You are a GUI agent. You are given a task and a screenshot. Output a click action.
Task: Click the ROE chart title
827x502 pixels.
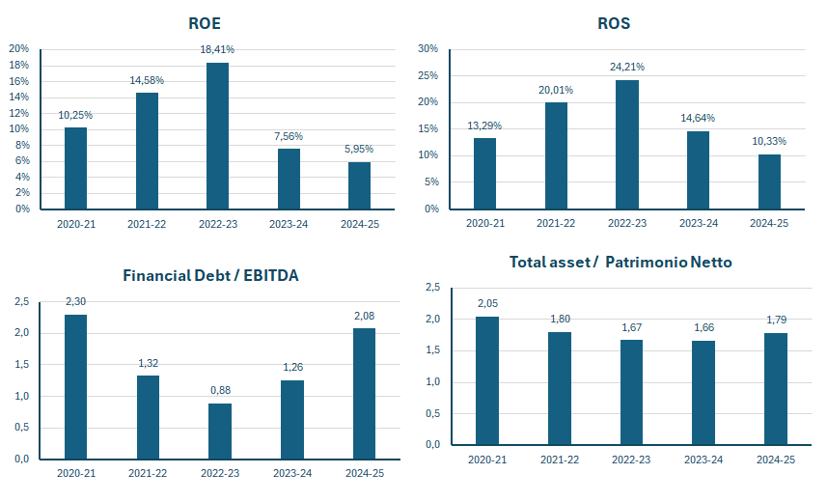pyautogui.click(x=205, y=23)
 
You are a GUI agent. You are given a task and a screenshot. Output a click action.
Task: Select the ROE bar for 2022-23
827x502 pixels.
pyautogui.click(x=217, y=136)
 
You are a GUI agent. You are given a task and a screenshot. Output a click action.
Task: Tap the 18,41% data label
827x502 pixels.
pyautogui.click(x=217, y=49)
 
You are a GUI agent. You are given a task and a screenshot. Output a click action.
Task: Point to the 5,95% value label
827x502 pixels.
pyautogui.click(x=359, y=149)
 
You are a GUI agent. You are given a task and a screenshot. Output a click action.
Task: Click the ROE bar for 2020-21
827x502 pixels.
pyautogui.click(x=75, y=168)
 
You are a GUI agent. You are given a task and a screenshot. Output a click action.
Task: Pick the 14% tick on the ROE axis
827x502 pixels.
pyautogui.click(x=19, y=98)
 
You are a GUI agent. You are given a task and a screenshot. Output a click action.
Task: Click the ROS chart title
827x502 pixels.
pyautogui.click(x=614, y=23)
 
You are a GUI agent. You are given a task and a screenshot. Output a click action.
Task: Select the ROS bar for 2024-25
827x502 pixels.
pyautogui.click(x=769, y=181)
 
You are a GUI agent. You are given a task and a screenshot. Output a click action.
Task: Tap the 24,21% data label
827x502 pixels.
pyautogui.click(x=627, y=67)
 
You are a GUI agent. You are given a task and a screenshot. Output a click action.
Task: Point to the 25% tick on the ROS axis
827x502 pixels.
pyautogui.click(x=428, y=75)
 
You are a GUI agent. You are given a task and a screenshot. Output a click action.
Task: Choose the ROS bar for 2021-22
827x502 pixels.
pyautogui.click(x=556, y=155)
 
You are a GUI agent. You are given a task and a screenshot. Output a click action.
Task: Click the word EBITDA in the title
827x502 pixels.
pyautogui.click(x=271, y=275)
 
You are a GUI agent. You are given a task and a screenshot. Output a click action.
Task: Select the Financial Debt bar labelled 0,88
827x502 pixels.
pyautogui.click(x=220, y=432)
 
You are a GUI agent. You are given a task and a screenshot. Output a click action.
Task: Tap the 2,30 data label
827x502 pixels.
pyautogui.click(x=75, y=301)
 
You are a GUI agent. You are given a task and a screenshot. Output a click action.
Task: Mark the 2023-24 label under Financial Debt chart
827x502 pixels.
pyautogui.click(x=292, y=473)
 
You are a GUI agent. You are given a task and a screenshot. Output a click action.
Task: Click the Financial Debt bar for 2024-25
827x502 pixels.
pyautogui.click(x=364, y=394)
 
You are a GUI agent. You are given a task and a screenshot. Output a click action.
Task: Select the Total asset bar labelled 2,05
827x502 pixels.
pyautogui.click(x=486, y=380)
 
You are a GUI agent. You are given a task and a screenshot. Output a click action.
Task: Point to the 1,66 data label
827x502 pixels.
pyautogui.click(x=704, y=328)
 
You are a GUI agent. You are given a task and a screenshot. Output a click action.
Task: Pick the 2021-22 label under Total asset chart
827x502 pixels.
pyautogui.click(x=560, y=460)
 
